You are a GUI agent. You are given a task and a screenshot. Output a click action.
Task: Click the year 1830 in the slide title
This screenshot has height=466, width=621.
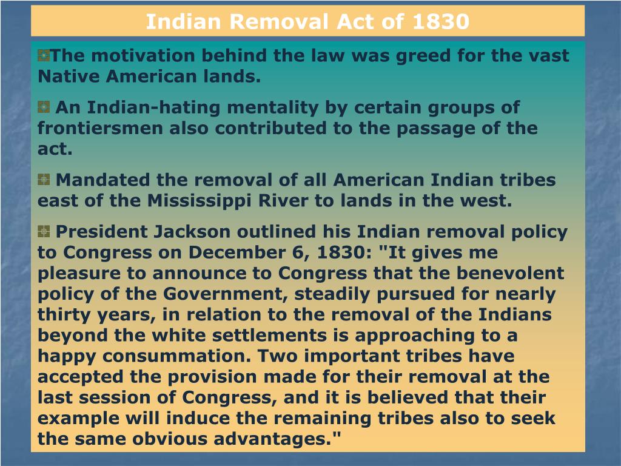pos(440,22)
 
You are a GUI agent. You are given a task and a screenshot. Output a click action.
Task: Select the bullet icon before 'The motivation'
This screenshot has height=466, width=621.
pos(43,56)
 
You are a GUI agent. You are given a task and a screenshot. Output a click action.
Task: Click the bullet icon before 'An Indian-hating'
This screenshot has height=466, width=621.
pos(43,107)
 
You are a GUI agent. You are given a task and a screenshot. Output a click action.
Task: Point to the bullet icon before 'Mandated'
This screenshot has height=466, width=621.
pos(43,180)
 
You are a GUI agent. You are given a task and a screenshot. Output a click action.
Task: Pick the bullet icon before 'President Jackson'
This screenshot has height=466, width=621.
pos(43,231)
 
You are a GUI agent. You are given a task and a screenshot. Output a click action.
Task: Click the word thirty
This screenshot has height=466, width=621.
pos(64,314)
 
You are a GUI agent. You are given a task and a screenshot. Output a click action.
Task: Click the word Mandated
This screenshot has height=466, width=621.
pos(102,180)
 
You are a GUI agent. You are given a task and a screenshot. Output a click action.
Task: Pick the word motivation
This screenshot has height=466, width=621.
pos(135,56)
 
